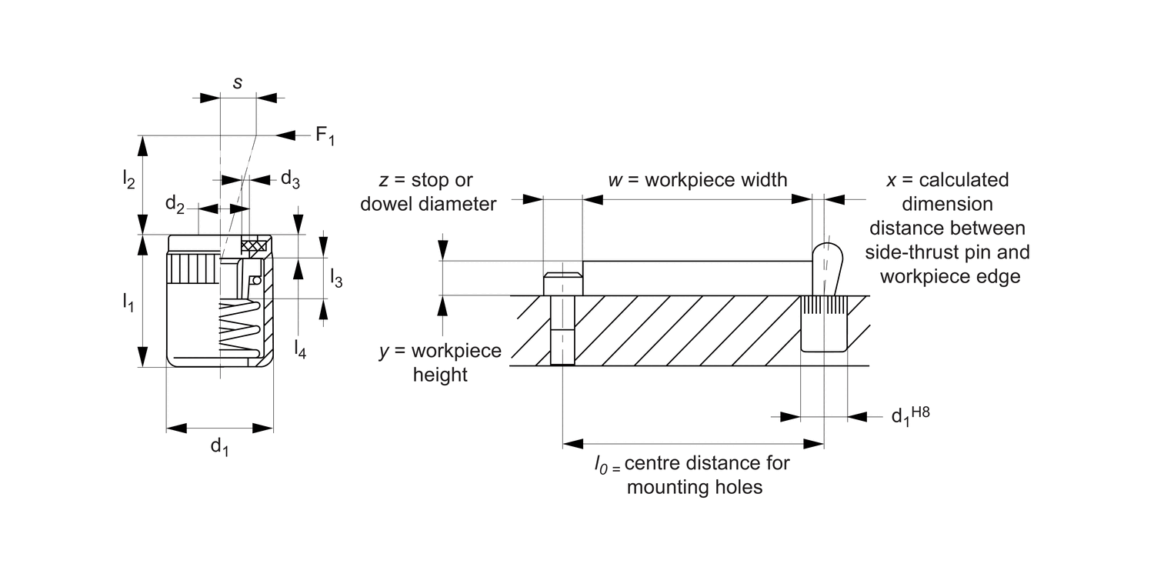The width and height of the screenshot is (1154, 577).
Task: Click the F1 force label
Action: coord(325,137)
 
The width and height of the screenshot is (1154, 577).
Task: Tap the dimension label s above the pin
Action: coord(238,82)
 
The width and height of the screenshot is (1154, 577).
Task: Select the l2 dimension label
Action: coord(128,179)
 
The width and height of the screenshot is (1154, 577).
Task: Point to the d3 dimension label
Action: coord(289,179)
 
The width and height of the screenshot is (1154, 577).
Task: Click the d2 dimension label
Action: coord(175,205)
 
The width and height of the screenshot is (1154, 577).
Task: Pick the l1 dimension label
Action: coord(128,302)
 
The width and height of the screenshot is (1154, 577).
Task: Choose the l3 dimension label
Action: coord(336,278)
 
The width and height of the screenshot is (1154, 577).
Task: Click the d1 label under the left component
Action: coord(219,445)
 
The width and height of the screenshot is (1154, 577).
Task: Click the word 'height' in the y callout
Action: coord(440,375)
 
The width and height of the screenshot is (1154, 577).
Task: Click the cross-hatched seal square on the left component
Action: coord(253,246)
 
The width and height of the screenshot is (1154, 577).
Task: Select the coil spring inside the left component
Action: coord(239,327)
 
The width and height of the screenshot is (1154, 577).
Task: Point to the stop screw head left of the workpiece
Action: coord(562,284)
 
